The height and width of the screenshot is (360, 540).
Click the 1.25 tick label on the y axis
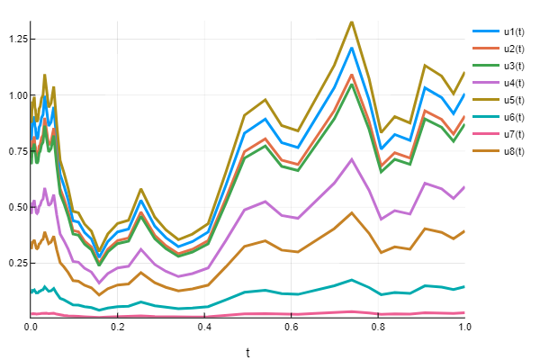point(15,40)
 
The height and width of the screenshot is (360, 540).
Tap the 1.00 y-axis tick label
point(15,95)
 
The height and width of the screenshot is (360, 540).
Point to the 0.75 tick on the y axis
point(15,151)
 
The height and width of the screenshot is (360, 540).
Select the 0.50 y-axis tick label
point(15,207)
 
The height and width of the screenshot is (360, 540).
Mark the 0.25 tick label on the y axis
point(15,263)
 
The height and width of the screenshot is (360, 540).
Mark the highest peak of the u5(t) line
point(351,22)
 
